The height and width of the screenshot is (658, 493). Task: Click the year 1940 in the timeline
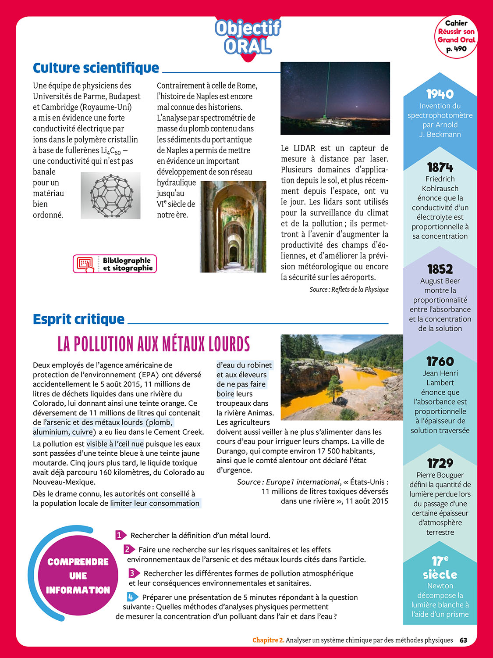440,94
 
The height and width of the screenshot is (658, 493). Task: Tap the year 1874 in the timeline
440,167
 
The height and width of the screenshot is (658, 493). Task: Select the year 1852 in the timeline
440,269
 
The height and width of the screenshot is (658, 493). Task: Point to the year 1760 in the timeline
440,361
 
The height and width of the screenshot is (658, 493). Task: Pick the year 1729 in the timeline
440,463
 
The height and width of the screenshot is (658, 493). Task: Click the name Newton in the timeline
440,586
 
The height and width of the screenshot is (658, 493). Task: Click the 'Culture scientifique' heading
96,68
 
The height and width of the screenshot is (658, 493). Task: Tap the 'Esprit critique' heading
79,319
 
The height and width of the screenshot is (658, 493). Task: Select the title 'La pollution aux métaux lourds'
154,344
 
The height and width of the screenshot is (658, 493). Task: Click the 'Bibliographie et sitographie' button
115,264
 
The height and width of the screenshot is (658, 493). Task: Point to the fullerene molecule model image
111,196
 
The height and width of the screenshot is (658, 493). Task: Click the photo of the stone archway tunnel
233,227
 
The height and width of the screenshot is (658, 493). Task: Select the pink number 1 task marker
120,535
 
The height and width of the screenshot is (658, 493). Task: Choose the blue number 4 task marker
131,597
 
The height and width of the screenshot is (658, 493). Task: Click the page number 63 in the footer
464,640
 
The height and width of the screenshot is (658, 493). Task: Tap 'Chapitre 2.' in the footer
268,640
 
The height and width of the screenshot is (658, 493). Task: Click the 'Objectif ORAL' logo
248,37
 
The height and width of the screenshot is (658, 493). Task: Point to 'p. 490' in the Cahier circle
456,49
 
